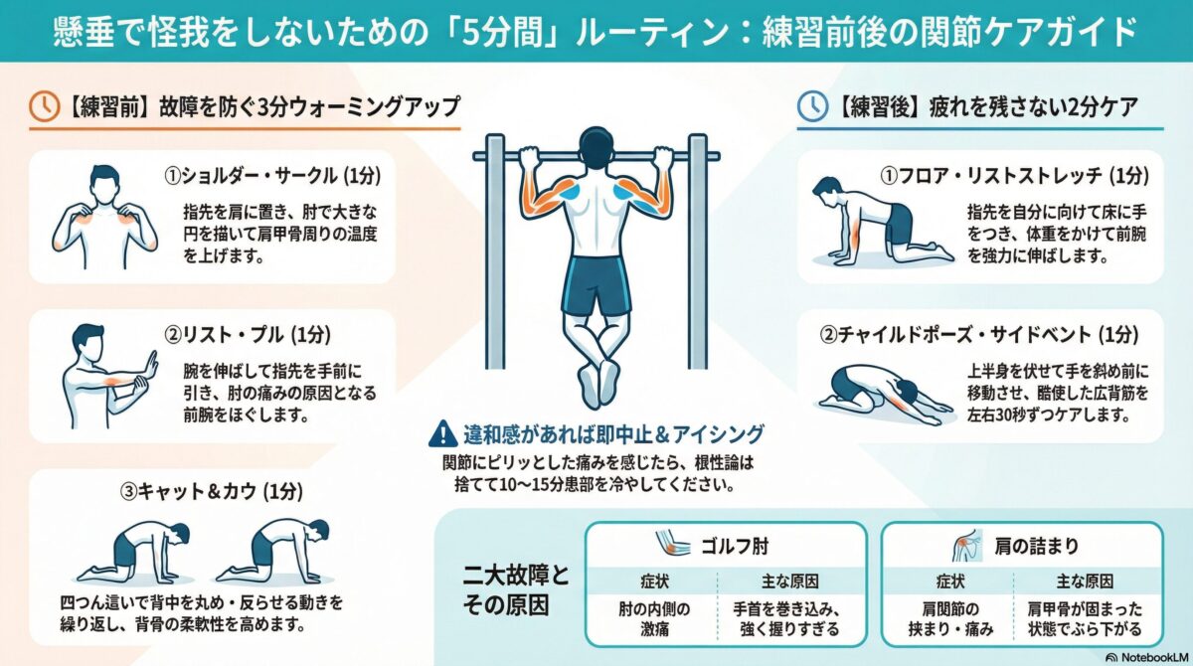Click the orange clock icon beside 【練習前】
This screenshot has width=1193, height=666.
[x=44, y=106]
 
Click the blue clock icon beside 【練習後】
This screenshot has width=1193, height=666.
[x=812, y=106]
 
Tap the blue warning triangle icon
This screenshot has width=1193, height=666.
[x=442, y=433]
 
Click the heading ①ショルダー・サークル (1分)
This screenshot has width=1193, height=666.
[x=272, y=176]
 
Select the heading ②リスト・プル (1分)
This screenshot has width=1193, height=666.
[x=248, y=335]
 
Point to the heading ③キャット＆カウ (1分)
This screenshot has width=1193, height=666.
[x=212, y=491]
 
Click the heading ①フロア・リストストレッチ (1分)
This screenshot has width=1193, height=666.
[x=1015, y=176]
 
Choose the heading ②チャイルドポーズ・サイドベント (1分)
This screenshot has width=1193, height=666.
[x=979, y=335]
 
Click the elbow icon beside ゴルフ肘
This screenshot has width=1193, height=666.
[x=672, y=544]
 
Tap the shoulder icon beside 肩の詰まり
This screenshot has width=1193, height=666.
[x=967, y=545]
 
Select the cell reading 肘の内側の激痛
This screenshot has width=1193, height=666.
[x=654, y=619]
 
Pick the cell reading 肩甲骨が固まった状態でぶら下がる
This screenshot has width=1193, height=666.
[x=1085, y=619]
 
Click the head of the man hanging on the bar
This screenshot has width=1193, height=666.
[x=596, y=148]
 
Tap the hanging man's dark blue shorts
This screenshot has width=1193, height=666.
[x=596, y=286]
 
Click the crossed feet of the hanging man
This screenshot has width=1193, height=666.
[x=597, y=384]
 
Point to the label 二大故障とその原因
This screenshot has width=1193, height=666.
[x=516, y=589]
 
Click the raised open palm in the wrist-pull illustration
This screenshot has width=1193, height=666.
[x=151, y=365]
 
